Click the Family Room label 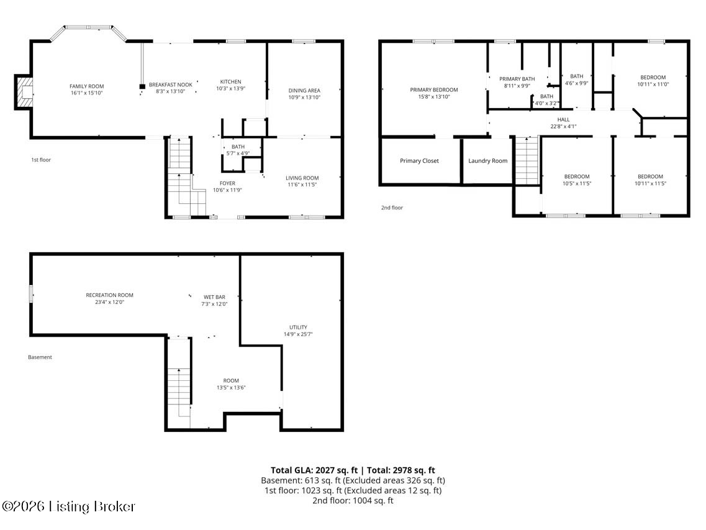[x=86, y=86]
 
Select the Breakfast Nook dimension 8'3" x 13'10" [x=171, y=91]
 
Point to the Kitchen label [x=230, y=81]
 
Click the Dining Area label [x=304, y=90]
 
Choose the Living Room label [x=302, y=178]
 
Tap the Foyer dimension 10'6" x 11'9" [x=227, y=190]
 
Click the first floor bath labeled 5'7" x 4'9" [x=238, y=150]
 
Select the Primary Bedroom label [x=434, y=89]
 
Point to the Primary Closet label [x=419, y=160]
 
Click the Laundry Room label [x=487, y=160]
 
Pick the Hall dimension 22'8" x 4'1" [x=563, y=127]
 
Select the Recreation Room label [x=109, y=295]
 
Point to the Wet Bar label [x=214, y=297]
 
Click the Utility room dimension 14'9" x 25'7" [x=298, y=334]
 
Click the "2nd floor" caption [x=392, y=208]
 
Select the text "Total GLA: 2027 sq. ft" [x=314, y=470]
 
